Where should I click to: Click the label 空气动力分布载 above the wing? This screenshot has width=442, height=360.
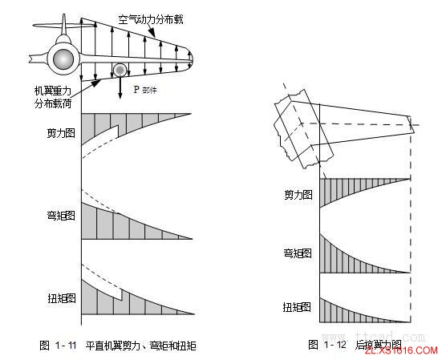[x=150, y=18]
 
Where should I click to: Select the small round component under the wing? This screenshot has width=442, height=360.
[x=120, y=71]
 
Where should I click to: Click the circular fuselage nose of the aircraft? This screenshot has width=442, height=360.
[x=62, y=58]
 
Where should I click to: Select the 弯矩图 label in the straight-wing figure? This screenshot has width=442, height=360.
[x=61, y=216]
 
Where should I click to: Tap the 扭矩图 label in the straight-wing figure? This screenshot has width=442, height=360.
[x=61, y=297]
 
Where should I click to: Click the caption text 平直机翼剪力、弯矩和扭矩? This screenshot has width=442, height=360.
[x=141, y=346]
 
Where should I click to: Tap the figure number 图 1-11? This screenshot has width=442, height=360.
[x=58, y=346]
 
